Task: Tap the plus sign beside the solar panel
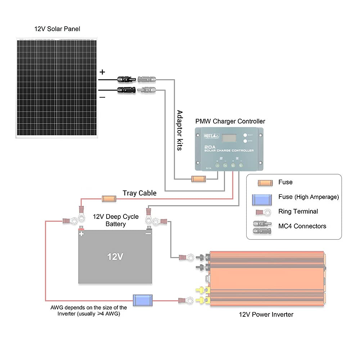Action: click(102, 72)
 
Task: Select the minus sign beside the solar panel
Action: click(102, 97)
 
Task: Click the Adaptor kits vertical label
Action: click(179, 130)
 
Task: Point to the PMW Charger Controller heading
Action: click(230, 121)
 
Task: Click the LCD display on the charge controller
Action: click(229, 138)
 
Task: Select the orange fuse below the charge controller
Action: click(198, 179)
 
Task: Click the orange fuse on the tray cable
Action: click(109, 198)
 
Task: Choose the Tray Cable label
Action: click(140, 193)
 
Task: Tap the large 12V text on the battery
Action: click(115, 257)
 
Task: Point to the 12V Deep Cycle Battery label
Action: click(116, 220)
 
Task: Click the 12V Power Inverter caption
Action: click(266, 315)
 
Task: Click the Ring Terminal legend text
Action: click(298, 211)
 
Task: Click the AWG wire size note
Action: click(89, 311)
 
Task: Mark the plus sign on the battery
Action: click(81, 234)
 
